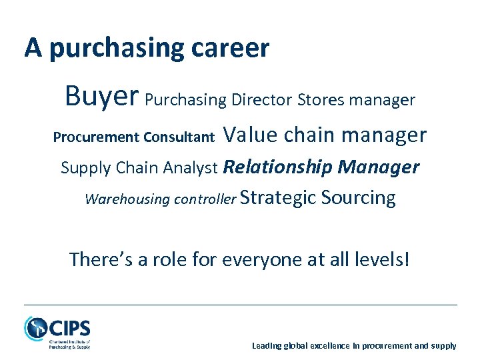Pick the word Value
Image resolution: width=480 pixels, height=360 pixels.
[251, 135]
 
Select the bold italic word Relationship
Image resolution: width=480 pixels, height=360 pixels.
[278, 167]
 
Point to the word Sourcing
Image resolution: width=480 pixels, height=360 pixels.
[358, 198]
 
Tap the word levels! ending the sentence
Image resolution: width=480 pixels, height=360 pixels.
[385, 259]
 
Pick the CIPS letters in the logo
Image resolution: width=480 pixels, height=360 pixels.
[69, 328]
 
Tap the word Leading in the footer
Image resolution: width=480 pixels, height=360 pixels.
[266, 346]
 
